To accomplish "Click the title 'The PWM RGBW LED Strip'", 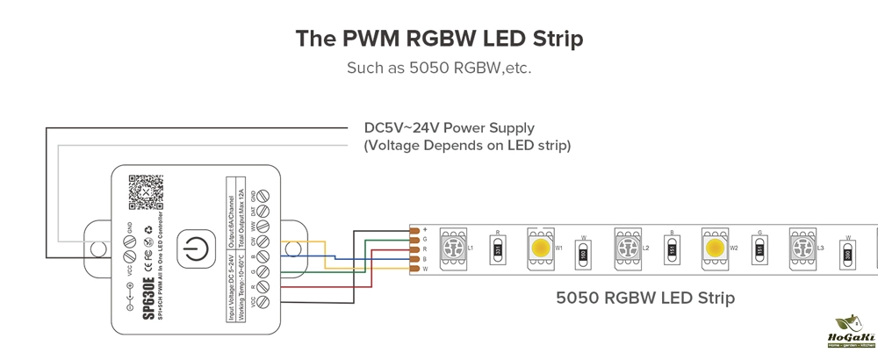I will coord(438,39).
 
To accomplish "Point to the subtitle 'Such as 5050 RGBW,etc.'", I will coord(438,68).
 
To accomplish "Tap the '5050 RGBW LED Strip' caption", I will coord(645,299).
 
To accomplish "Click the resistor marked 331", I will coord(498,251).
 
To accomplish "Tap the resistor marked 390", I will coord(848,255).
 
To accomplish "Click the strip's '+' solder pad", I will coord(415,230).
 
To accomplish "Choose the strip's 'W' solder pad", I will coord(415,269).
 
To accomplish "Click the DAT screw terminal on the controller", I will coord(263,211).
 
